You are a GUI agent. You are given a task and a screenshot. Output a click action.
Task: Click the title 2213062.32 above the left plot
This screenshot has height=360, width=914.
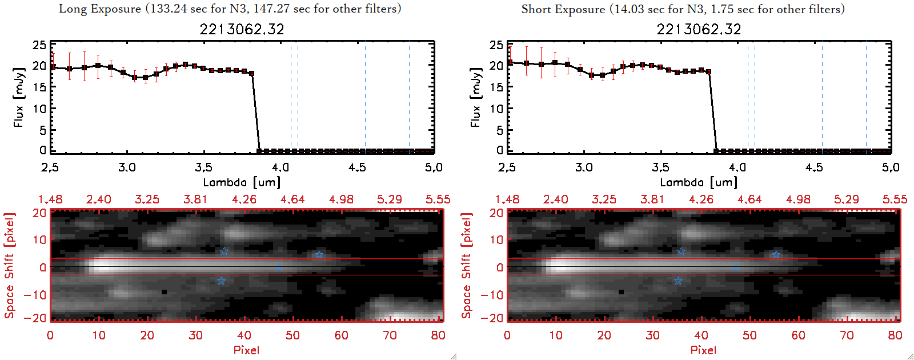click(x=242, y=29)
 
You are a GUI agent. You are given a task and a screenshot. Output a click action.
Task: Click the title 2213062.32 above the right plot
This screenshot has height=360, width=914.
click(x=699, y=29)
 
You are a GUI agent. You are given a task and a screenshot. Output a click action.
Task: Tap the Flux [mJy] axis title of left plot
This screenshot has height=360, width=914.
click(x=19, y=98)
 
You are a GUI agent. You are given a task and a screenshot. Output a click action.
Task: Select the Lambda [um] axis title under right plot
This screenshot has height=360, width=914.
click(x=699, y=182)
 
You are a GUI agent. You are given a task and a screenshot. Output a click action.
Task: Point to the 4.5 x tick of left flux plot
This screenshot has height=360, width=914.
click(x=357, y=167)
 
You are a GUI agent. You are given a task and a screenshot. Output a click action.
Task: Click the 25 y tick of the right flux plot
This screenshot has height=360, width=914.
click(x=496, y=45)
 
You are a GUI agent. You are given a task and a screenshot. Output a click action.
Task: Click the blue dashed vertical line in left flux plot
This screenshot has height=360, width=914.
click(x=409, y=97)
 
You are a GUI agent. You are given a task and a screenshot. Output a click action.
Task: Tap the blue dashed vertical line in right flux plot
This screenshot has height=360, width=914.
click(x=866, y=97)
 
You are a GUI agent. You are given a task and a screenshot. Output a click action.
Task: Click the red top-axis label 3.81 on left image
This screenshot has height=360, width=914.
click(x=195, y=199)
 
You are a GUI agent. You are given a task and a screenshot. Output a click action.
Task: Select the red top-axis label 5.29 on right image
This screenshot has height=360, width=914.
click(x=846, y=199)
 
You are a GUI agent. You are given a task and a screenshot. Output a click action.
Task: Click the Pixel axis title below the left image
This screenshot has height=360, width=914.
click(x=246, y=350)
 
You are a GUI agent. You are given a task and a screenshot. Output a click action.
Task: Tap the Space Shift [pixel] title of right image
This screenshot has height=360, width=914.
click(x=467, y=265)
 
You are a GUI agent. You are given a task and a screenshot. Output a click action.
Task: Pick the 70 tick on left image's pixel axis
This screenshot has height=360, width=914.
click(x=390, y=335)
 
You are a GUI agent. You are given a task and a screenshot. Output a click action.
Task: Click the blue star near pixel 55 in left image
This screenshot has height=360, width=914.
click(x=319, y=254)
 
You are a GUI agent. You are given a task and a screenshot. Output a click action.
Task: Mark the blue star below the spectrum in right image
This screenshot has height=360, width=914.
click(x=678, y=281)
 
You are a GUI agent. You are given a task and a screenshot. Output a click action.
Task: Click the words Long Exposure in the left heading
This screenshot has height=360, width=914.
click(x=100, y=9)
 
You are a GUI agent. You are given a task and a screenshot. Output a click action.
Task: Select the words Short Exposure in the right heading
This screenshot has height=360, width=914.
click(x=563, y=9)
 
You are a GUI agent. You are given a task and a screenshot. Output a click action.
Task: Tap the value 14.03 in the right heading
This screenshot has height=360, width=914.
click(x=629, y=9)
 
